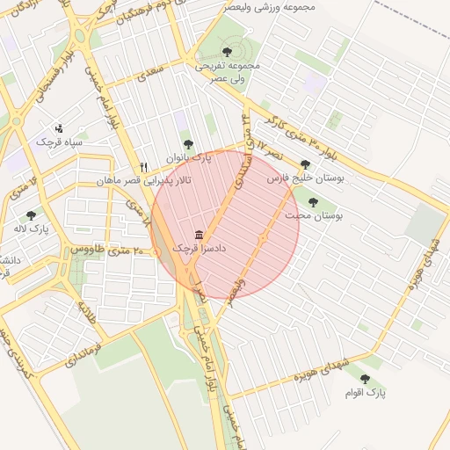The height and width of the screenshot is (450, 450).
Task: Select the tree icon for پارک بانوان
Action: point(187,144)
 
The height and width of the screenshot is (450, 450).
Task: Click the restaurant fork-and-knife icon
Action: point(143,167)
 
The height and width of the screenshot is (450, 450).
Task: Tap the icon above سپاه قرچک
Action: point(59,128)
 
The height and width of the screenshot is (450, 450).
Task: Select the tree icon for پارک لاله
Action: point(32,214)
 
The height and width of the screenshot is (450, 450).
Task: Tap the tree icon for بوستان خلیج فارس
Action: point(305,164)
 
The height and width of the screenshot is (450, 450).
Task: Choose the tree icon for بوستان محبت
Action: point(313,202)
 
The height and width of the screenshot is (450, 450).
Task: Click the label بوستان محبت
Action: point(314,215)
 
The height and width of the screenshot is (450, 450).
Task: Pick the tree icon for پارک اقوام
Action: point(365,379)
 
